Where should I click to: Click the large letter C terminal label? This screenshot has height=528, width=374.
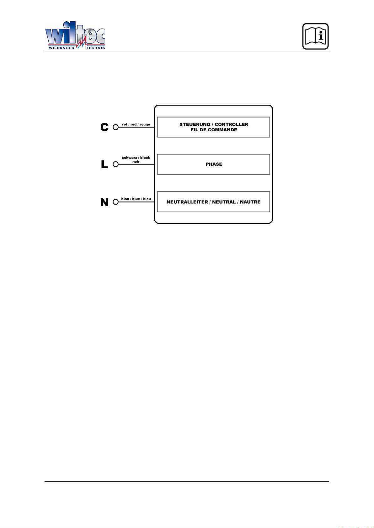[104, 127]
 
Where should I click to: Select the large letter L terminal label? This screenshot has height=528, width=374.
[104, 164]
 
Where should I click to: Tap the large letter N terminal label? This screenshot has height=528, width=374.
[104, 202]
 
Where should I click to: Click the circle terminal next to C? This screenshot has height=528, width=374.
[115, 127]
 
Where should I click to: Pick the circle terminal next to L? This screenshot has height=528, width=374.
[115, 164]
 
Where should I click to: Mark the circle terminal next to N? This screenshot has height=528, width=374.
[115, 202]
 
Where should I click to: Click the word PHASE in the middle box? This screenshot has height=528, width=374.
[214, 164]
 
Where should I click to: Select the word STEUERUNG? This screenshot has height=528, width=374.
[195, 124]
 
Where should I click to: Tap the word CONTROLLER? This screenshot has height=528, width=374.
[232, 124]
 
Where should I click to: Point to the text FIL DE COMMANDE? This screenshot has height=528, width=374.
[214, 130]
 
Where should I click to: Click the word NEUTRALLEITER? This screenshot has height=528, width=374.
[187, 202]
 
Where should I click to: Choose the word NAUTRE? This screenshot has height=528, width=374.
[250, 202]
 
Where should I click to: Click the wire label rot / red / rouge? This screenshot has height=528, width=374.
[136, 124]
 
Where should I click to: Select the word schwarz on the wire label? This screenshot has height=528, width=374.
[129, 157]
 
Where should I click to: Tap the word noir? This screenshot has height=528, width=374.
[136, 162]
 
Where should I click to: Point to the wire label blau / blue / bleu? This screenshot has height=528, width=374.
[136, 199]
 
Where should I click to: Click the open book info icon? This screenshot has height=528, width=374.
[315, 36]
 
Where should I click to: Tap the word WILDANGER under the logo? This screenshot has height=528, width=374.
[61, 48]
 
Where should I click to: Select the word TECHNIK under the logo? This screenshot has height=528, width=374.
[95, 48]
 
